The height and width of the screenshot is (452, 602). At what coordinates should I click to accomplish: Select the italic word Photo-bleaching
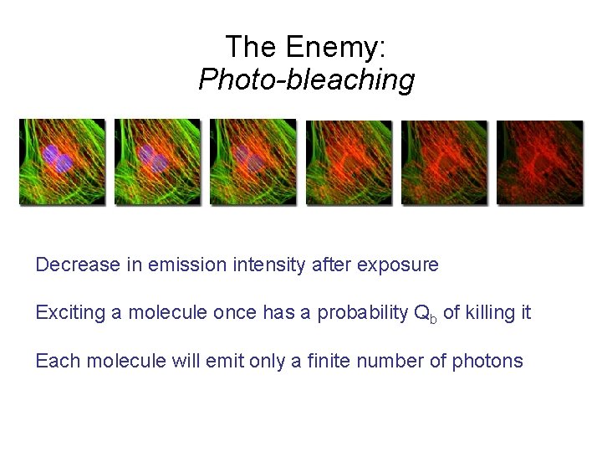(306, 80)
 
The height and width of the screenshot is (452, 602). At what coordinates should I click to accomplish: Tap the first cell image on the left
(63, 162)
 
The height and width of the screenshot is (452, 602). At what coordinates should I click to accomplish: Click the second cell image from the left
(158, 162)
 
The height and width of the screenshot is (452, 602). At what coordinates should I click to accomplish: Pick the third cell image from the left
(253, 162)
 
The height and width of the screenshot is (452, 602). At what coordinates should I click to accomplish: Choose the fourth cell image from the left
(349, 162)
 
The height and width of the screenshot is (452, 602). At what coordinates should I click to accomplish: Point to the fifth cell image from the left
(444, 162)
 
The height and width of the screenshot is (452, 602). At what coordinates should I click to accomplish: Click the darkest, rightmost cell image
(539, 162)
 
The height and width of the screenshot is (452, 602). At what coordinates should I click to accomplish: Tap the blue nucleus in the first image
(58, 157)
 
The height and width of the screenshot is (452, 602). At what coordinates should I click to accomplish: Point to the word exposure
(397, 266)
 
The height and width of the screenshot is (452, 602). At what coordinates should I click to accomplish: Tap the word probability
(366, 314)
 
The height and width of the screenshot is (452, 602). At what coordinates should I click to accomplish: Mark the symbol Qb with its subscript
(426, 315)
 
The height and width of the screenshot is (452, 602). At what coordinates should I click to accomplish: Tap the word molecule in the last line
(116, 361)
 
